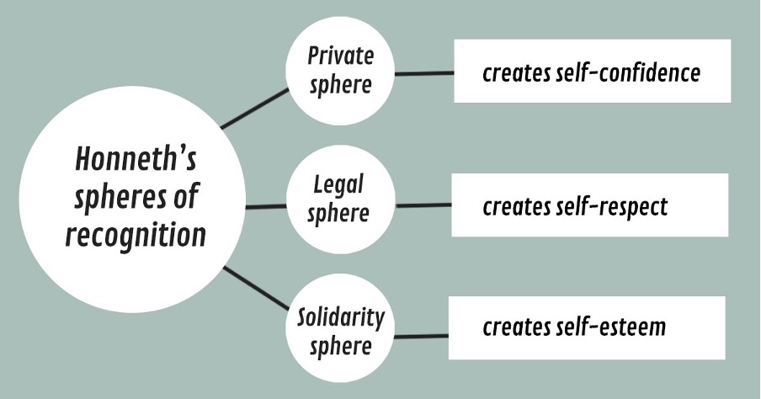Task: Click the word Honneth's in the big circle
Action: click(x=136, y=159)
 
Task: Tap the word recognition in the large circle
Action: click(x=136, y=236)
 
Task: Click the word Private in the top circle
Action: click(x=341, y=56)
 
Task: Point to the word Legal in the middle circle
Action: click(x=338, y=184)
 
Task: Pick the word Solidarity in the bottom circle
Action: click(x=341, y=317)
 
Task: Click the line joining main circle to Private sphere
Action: click(x=254, y=109)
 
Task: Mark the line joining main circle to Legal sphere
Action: click(x=266, y=207)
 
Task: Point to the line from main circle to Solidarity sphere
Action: click(x=256, y=288)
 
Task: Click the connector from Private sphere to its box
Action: click(x=424, y=74)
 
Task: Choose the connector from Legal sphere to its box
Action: click(x=423, y=205)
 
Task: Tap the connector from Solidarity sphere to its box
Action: click(x=421, y=336)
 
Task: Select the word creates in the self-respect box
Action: click(x=516, y=207)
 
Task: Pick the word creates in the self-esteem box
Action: click(x=516, y=327)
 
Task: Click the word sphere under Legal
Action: click(x=338, y=214)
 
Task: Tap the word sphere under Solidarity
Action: click(x=341, y=346)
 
